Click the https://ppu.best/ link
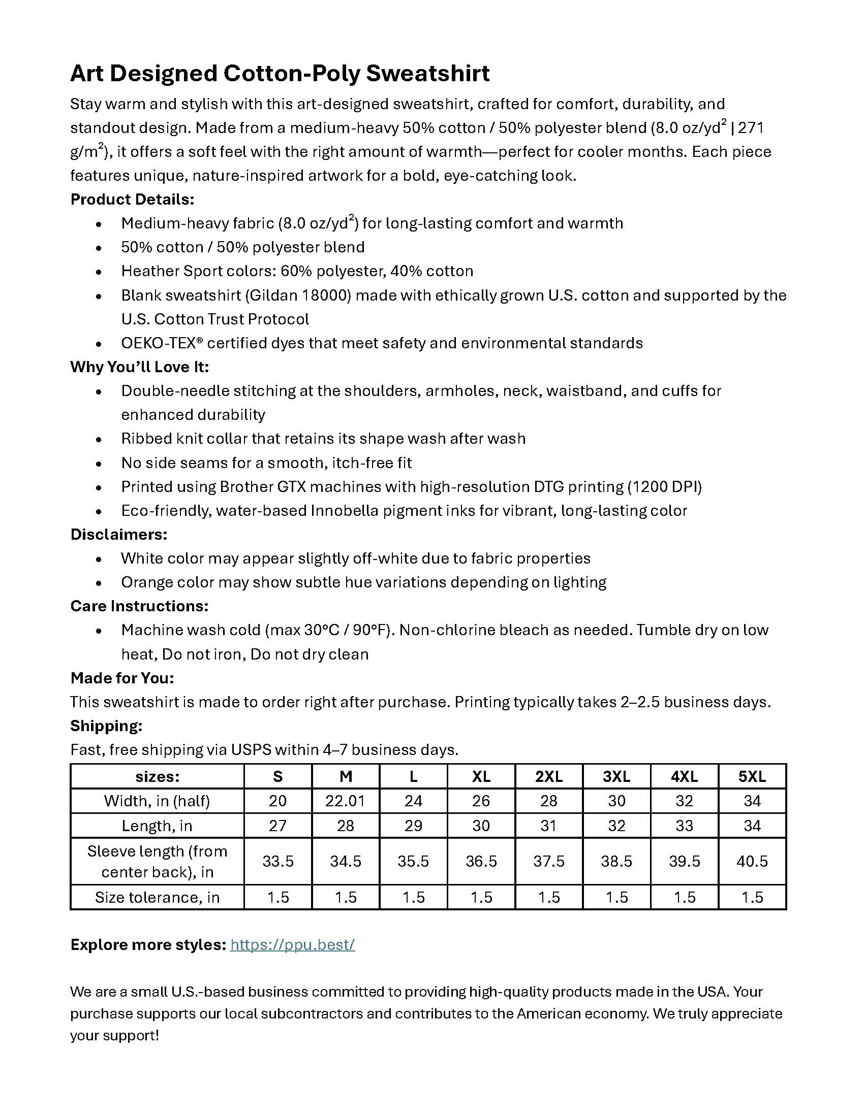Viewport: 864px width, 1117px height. [x=292, y=945]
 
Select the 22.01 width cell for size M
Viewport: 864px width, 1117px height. [x=346, y=801]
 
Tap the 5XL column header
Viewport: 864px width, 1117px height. [x=752, y=776]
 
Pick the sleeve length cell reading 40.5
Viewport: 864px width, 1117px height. [x=752, y=861]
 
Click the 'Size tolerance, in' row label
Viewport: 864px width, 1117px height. [x=157, y=897]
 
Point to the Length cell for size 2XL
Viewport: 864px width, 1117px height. [x=549, y=826]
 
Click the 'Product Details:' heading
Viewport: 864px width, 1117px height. [x=132, y=200]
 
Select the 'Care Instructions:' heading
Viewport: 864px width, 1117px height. [x=139, y=606]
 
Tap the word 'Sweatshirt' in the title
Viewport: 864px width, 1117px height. [x=428, y=74]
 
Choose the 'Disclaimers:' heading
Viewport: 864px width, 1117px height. [x=119, y=535]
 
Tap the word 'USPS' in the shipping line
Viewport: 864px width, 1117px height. [x=251, y=750]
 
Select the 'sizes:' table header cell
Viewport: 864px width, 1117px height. [x=157, y=776]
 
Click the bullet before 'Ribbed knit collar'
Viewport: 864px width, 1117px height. [x=99, y=439]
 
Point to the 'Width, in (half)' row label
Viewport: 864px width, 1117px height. [x=157, y=801]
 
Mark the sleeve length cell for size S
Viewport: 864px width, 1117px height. [x=278, y=861]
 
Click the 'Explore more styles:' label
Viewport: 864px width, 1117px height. [x=148, y=945]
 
